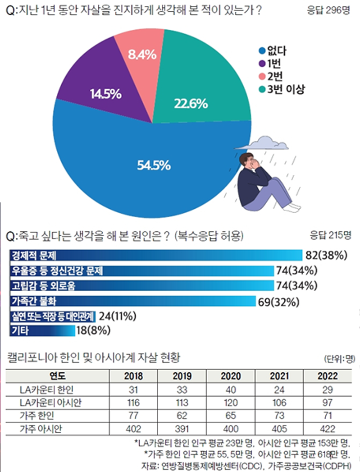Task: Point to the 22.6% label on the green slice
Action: [x=191, y=104]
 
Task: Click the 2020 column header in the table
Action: [x=230, y=376]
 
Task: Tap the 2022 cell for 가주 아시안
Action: [x=327, y=429]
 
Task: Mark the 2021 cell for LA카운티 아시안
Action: [x=279, y=403]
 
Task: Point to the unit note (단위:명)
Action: [x=339, y=359]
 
